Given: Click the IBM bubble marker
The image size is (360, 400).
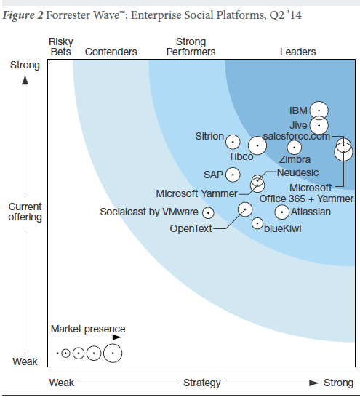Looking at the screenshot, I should (319, 111).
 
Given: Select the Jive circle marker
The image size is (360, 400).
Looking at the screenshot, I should (319, 126).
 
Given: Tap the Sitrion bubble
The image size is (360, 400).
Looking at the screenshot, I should (233, 142).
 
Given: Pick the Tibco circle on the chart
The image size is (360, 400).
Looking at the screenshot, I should (257, 145).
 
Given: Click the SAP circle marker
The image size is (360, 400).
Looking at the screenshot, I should (233, 175).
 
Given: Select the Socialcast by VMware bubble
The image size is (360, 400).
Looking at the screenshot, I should (208, 213).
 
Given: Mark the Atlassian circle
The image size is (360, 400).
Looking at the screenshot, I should (281, 212).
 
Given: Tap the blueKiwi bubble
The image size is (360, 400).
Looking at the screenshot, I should (257, 223).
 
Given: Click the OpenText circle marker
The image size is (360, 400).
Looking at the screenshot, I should (244, 209).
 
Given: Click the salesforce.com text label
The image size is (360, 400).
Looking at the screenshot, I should (296, 135).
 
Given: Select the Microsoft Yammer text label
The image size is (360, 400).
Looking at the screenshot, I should (196, 193).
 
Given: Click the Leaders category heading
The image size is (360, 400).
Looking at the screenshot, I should (297, 52).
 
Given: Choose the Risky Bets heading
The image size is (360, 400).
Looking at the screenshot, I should (60, 47).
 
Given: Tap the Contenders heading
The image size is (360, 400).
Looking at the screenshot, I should (111, 52).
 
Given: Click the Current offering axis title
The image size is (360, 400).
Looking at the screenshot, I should (25, 212).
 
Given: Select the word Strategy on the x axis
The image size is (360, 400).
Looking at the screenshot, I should (202, 383).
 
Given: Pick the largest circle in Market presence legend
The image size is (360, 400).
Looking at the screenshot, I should (113, 353).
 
